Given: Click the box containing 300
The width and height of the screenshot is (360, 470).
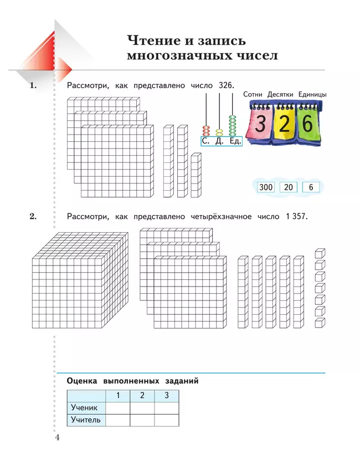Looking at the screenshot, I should tap(266, 187).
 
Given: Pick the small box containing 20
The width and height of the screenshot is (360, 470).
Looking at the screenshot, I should tap(288, 187).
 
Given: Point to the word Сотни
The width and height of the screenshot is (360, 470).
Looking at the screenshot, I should tap(253, 95).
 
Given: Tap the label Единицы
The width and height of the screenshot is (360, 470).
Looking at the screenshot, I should tap(312, 95).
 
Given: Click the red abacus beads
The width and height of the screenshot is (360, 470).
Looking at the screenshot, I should tap(206, 131).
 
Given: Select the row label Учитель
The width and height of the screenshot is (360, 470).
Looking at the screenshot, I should tap(86, 420).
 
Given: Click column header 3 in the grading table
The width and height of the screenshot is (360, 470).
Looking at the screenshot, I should tap(166, 395).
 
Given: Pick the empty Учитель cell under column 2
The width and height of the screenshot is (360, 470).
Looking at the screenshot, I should tap(142, 420).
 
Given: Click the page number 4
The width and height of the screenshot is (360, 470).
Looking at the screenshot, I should tap(57, 438).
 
